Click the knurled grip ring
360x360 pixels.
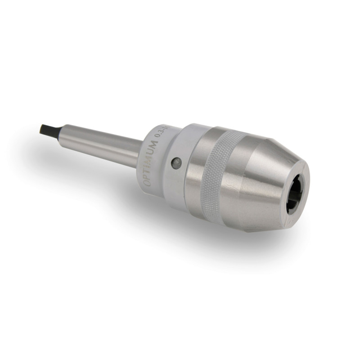220,173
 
